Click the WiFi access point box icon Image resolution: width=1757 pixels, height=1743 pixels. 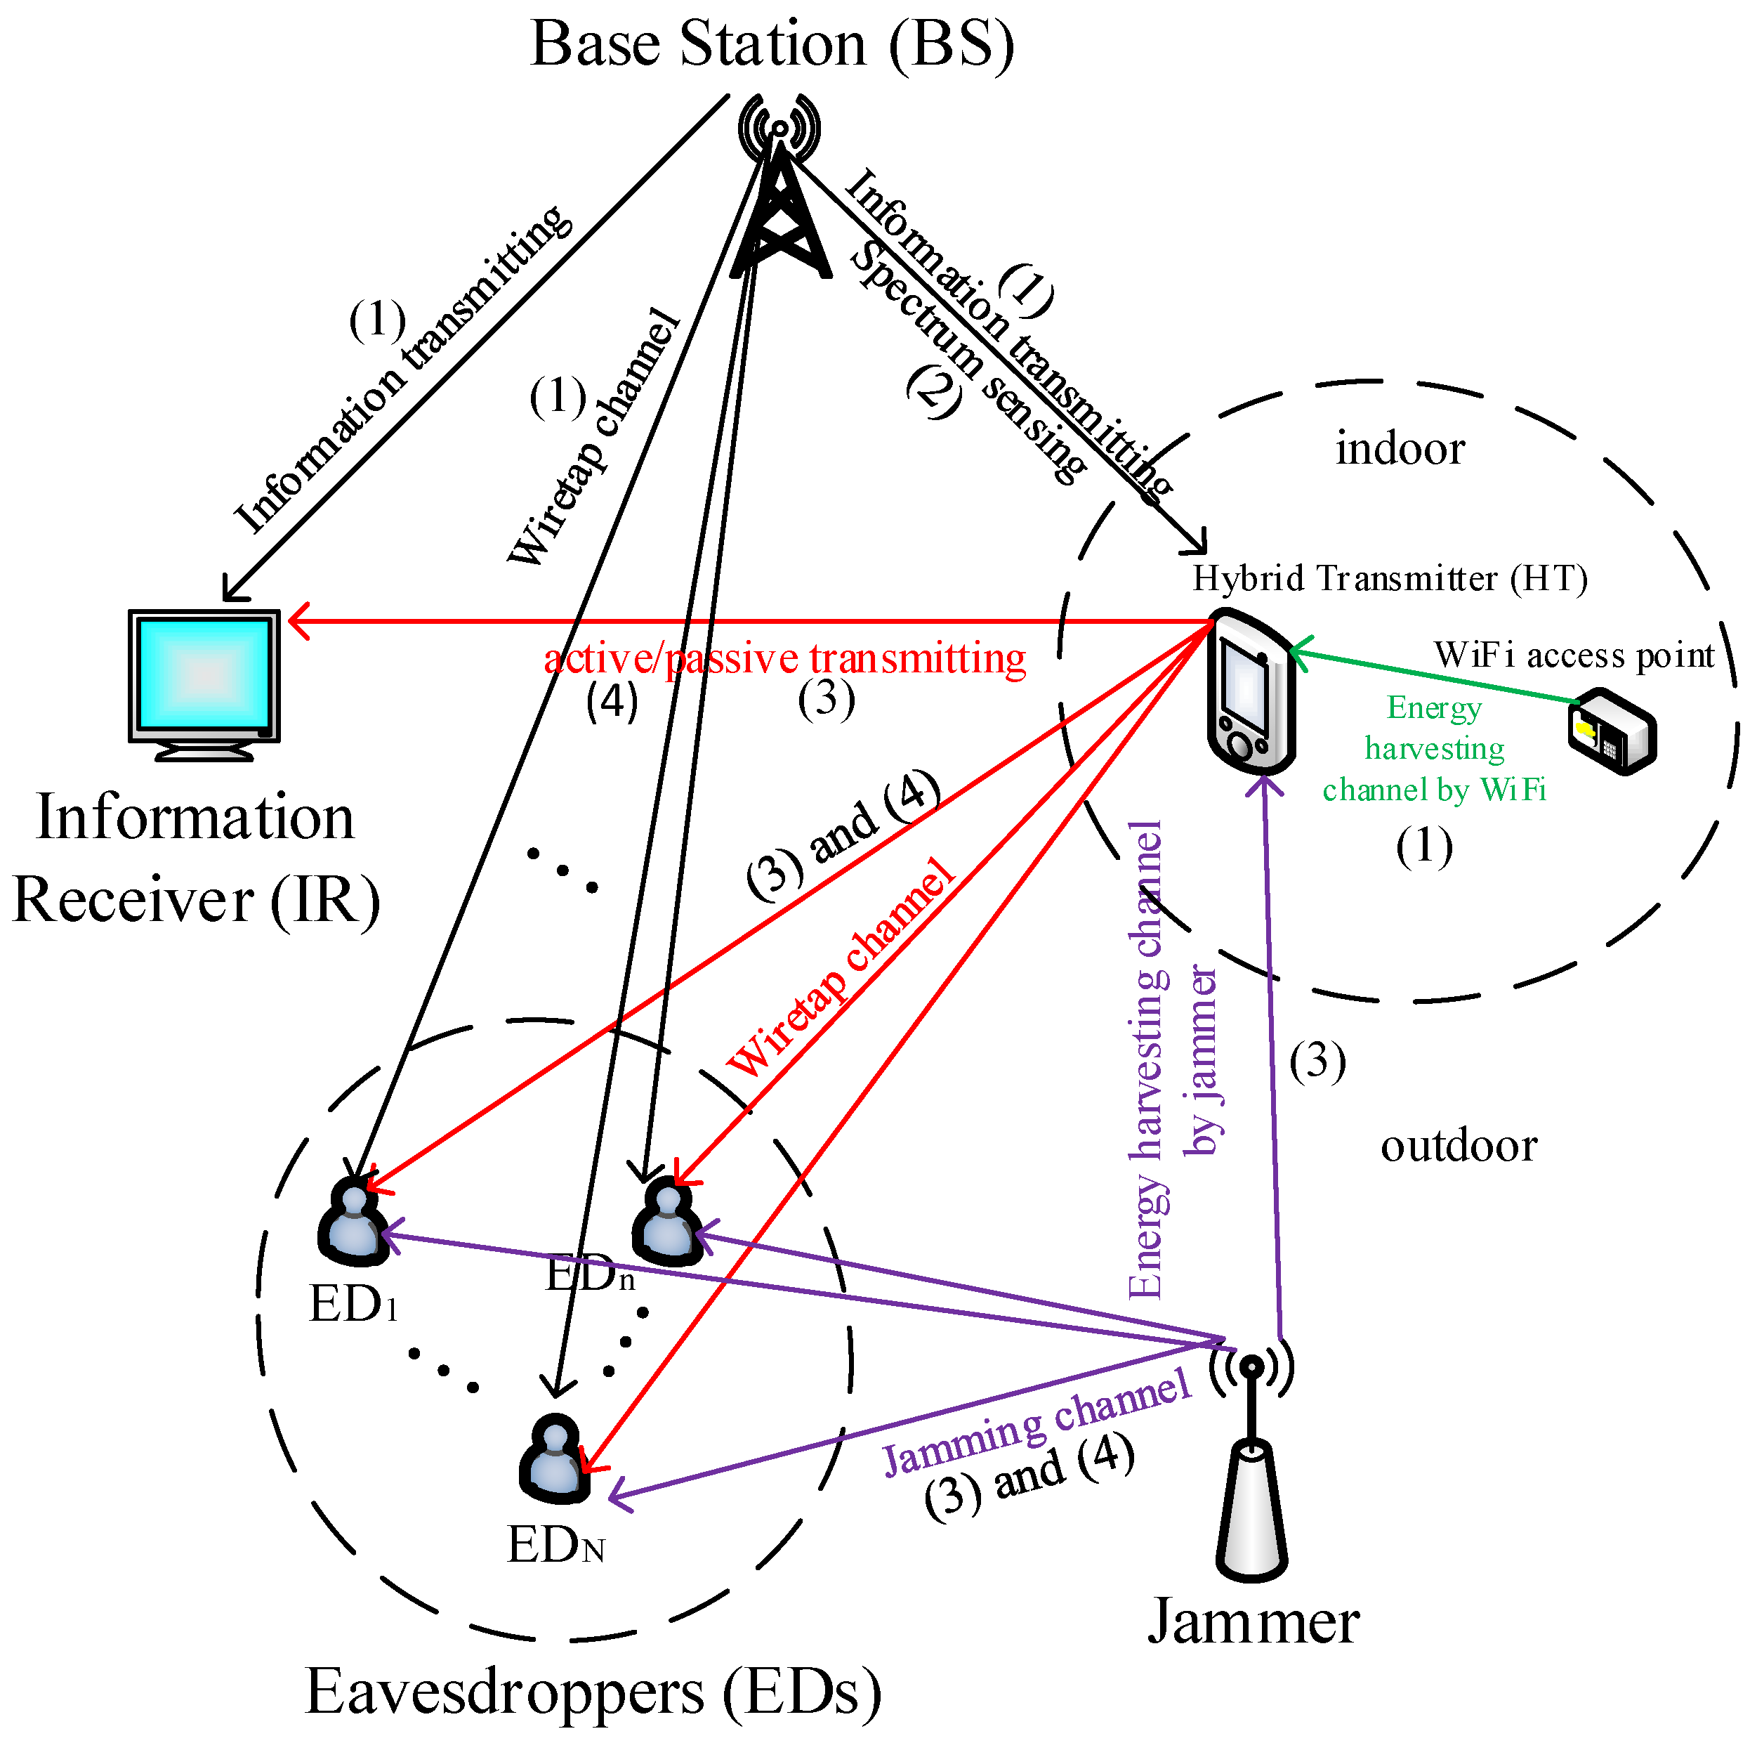(1612, 732)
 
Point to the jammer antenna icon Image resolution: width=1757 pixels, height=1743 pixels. (1251, 1465)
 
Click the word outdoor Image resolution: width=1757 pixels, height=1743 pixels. (1458, 1147)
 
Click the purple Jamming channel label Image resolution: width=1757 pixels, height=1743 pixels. (1037, 1423)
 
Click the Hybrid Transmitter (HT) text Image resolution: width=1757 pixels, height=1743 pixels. (1390, 579)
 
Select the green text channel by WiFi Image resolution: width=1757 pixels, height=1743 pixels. (1433, 790)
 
